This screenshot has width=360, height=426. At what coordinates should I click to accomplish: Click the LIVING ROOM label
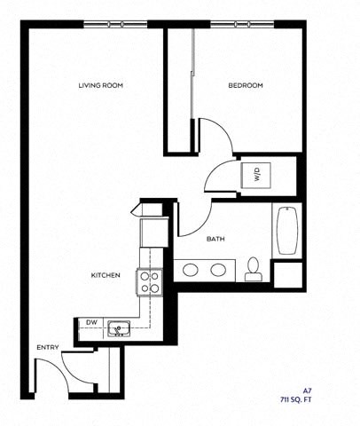point(100,85)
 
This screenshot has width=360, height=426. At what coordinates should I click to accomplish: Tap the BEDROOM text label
point(246,85)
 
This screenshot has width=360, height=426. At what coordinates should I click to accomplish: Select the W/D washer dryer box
point(256,173)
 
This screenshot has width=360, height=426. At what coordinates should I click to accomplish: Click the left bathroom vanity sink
point(190,269)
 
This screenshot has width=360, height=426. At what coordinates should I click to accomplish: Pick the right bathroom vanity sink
point(218,269)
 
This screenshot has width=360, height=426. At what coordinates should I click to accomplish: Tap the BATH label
point(215,240)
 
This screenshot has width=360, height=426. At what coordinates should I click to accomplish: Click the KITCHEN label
point(106,275)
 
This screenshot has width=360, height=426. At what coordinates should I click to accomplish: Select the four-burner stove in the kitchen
point(149,282)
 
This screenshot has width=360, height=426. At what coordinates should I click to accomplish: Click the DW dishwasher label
point(91,322)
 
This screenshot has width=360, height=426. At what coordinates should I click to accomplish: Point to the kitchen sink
point(118,329)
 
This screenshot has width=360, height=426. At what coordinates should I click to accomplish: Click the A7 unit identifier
point(308,390)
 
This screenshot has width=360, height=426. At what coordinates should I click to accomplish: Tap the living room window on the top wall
point(115,23)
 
